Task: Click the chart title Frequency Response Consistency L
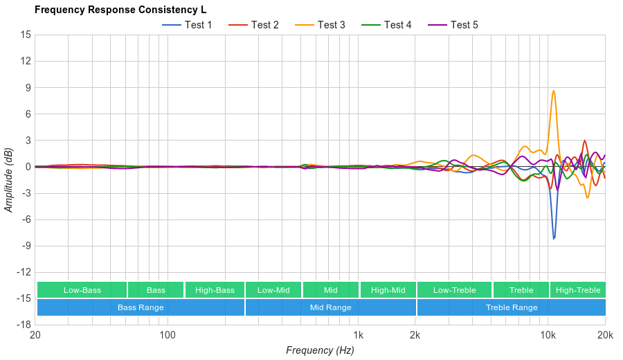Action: (x=120, y=10)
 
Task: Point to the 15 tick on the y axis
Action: (x=26, y=35)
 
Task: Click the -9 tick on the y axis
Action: (x=26, y=246)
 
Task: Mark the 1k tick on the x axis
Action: (x=359, y=336)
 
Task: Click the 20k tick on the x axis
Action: (x=605, y=336)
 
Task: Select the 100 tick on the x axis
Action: (x=168, y=336)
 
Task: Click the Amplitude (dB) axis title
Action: (x=9, y=179)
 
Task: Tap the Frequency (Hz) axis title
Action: (x=320, y=350)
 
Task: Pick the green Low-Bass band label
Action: (x=82, y=290)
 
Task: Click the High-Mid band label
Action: (x=388, y=290)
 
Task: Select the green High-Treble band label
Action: (x=578, y=290)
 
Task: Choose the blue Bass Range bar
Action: (x=141, y=307)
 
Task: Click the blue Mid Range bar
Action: (x=330, y=307)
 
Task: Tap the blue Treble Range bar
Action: (x=512, y=307)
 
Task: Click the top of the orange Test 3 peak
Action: (x=554, y=91)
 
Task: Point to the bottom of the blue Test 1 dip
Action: (x=554, y=239)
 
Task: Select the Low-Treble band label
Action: (x=454, y=290)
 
